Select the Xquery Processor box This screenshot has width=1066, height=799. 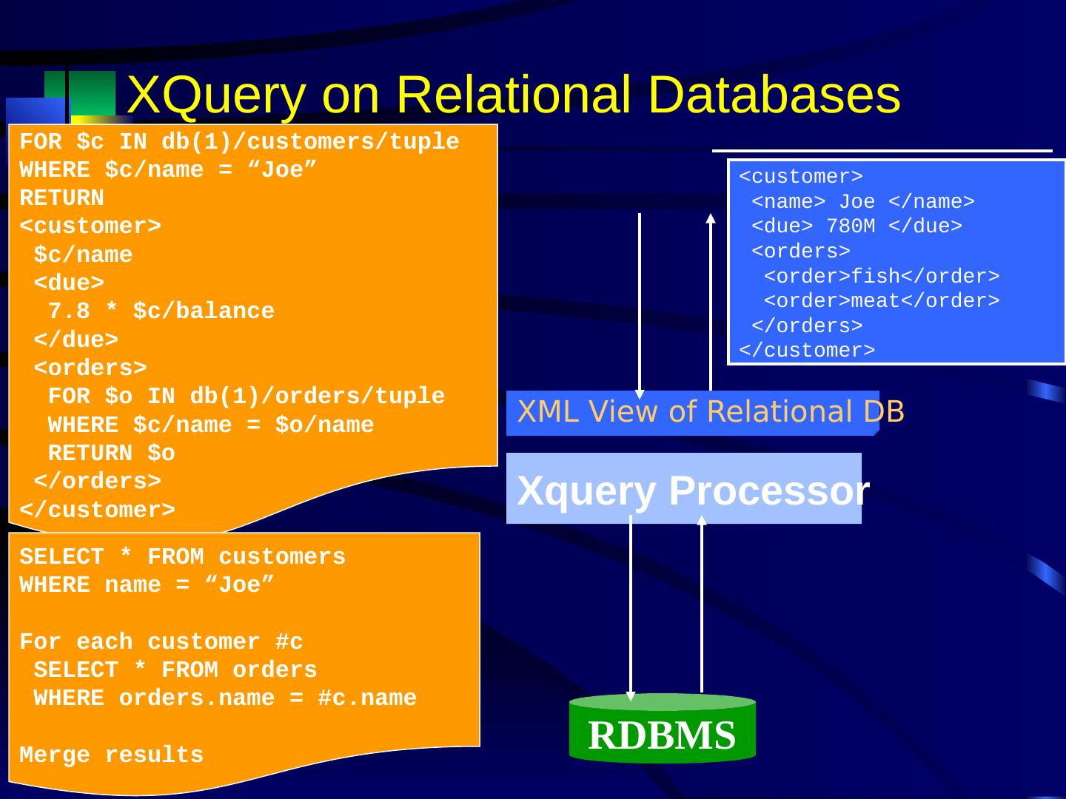[x=683, y=489]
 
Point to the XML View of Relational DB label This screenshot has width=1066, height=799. [x=709, y=412]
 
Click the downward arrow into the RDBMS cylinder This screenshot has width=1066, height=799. [x=630, y=607]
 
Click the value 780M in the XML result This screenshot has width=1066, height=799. [x=851, y=226]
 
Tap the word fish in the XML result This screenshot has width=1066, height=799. [x=875, y=277]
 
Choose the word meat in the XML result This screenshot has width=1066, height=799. [x=875, y=301]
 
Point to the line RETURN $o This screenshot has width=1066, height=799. [x=111, y=454]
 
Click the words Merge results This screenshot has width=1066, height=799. [x=111, y=755]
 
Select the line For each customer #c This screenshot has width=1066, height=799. [x=161, y=641]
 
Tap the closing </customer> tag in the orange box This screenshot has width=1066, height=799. [x=97, y=510]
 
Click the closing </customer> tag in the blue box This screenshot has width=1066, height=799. [x=807, y=351]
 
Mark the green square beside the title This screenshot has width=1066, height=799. [x=92, y=93]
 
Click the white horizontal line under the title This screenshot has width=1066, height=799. [x=881, y=151]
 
